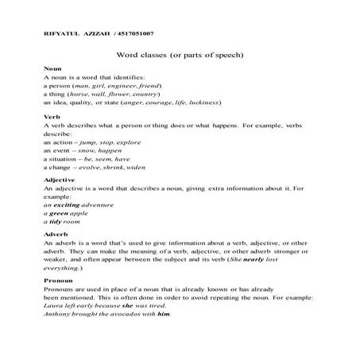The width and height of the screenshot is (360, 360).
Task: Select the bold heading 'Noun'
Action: point(52,70)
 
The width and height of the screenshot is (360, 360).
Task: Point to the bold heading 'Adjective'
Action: point(60,180)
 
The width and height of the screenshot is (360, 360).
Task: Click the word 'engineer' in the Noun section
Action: point(125,86)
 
